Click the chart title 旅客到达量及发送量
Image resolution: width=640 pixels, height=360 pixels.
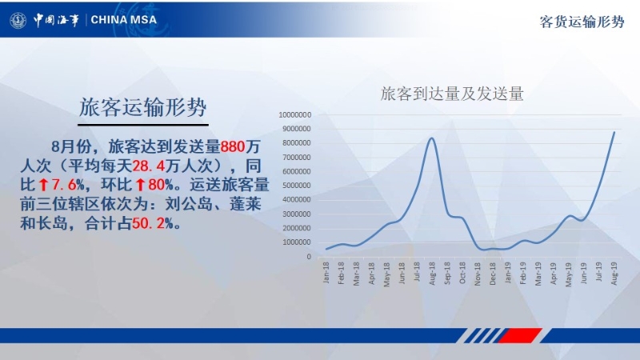coord(452,94)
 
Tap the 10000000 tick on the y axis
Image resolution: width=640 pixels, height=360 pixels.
coord(294,115)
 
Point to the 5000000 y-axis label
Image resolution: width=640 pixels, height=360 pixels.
coord(296,186)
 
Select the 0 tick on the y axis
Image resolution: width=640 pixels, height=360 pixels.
coord(309,257)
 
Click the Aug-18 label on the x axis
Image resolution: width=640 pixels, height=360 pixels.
coord(432,274)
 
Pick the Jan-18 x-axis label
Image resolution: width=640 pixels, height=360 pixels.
coord(326,273)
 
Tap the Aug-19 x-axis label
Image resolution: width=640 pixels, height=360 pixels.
coord(614,274)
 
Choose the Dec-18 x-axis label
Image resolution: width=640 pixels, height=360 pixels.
coord(493,274)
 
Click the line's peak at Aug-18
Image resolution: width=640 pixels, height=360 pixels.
coord(432,138)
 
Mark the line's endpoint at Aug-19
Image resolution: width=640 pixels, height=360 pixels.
coord(614,132)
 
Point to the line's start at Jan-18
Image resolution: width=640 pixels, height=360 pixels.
coord(326,249)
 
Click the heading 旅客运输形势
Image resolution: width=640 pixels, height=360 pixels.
coord(143,107)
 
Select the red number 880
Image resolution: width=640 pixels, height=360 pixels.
coord(233,146)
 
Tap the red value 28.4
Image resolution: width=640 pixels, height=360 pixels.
coord(149,166)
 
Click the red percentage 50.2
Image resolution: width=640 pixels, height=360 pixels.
coord(148,223)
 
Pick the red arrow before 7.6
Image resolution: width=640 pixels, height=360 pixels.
coord(44,185)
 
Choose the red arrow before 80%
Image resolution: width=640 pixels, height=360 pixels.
coord(141,185)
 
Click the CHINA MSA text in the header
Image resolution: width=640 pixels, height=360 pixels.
coord(124,19)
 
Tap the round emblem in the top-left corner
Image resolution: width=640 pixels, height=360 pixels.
coord(18,20)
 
